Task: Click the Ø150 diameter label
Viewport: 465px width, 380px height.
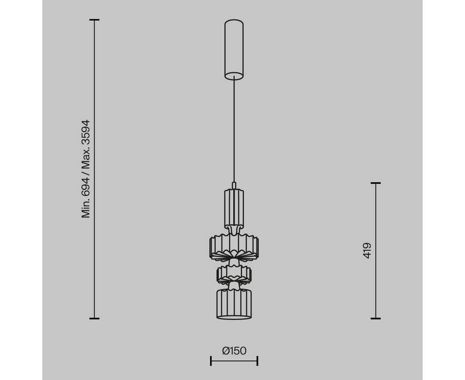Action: pyautogui.click(x=234, y=351)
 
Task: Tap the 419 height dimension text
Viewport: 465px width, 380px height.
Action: pyautogui.click(x=367, y=251)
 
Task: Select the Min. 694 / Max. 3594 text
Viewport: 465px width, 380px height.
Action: pyautogui.click(x=86, y=169)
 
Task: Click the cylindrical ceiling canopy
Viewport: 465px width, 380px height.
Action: pyautogui.click(x=234, y=50)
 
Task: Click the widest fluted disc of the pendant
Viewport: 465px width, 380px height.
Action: pyautogui.click(x=234, y=247)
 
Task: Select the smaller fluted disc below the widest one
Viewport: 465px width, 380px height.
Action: pyautogui.click(x=234, y=275)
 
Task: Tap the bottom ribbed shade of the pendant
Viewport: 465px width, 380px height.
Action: pyautogui.click(x=234, y=304)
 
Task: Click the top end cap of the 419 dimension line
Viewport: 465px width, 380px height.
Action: pyautogui.click(x=376, y=183)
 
